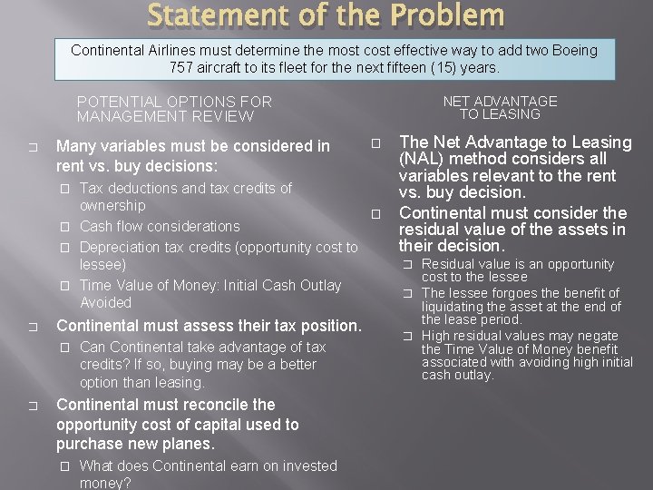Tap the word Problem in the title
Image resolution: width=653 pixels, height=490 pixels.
[x=450, y=15]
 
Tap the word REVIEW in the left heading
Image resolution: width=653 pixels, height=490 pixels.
[x=224, y=116]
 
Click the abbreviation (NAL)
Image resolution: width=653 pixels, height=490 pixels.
[x=424, y=159]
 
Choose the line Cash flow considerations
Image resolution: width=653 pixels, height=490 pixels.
[x=160, y=226]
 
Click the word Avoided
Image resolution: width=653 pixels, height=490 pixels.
[x=105, y=302]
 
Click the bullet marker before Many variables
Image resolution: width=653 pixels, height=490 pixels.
[x=32, y=147]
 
